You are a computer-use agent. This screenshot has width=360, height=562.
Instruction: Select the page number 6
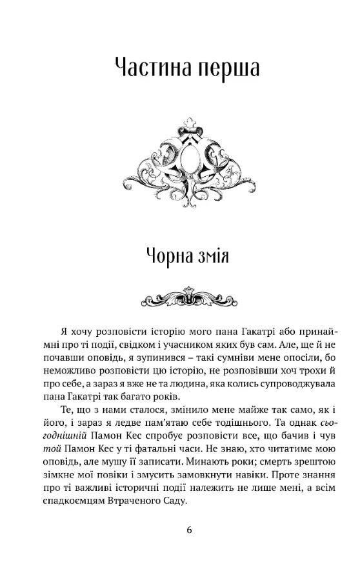pos(188,530)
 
